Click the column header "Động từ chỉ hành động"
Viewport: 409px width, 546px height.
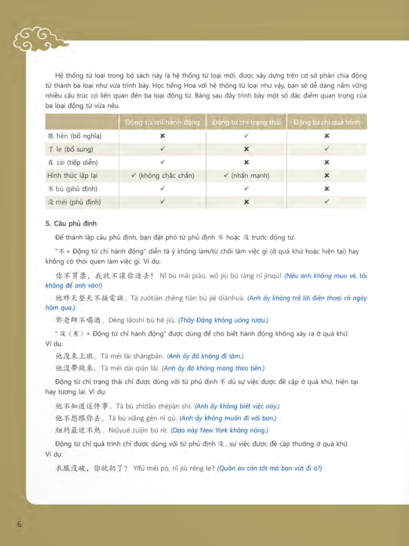click(163, 122)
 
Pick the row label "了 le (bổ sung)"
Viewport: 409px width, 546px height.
click(70, 149)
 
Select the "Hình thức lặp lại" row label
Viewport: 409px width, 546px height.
click(77, 176)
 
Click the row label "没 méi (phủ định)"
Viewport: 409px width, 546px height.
click(74, 202)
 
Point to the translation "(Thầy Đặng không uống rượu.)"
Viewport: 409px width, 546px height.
click(223, 320)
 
